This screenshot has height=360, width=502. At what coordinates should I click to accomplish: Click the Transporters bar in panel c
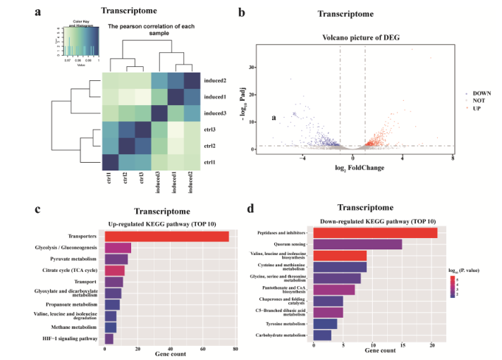pos(166,237)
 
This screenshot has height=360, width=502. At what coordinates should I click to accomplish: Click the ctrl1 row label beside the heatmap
pos(211,162)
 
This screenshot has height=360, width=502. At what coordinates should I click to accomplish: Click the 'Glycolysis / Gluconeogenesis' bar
pos(118,247)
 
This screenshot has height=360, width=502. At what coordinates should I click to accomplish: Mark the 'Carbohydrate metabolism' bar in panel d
pos(322,335)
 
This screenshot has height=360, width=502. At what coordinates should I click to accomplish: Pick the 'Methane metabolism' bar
pos(110,328)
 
